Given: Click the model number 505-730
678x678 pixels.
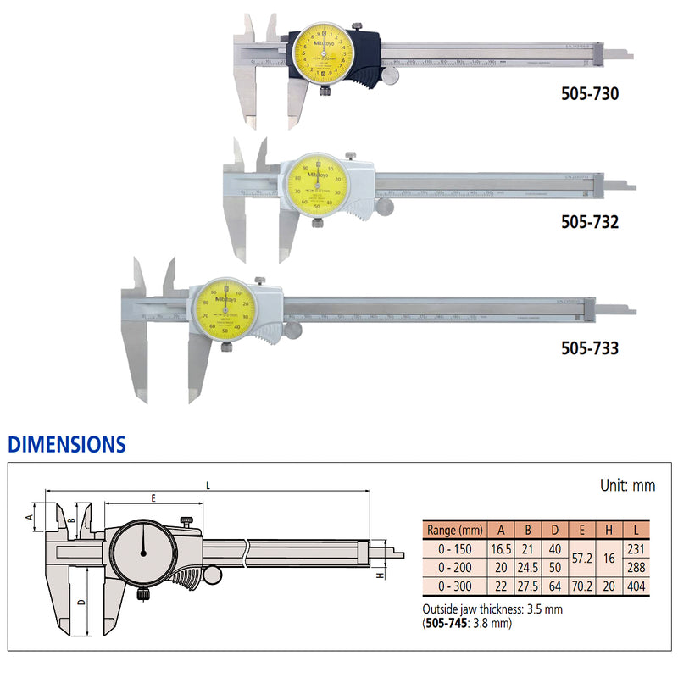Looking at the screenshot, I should (x=590, y=94).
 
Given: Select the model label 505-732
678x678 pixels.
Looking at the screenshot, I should (x=590, y=222).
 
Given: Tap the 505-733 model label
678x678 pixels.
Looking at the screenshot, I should (x=590, y=348).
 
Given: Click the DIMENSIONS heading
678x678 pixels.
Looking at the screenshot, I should (x=67, y=444).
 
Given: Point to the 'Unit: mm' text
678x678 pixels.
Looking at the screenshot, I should (x=627, y=486).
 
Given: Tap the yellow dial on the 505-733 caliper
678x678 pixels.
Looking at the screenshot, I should (x=225, y=310).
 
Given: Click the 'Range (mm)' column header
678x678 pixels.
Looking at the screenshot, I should (x=453, y=530).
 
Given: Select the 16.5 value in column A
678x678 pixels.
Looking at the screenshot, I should (x=502, y=548).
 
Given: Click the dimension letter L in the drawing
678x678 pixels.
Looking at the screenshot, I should (x=208, y=484).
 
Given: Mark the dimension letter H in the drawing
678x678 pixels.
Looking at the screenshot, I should (x=380, y=575).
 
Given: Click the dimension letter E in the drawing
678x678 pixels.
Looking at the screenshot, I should (x=153, y=499).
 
